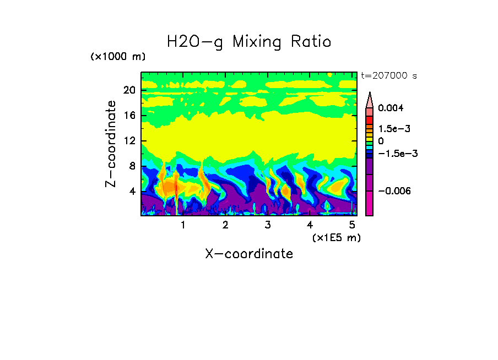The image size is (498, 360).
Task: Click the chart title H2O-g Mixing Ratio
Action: pos(249,42)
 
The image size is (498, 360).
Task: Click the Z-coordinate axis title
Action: pos(111,143)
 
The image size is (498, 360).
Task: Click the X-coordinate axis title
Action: pos(249,254)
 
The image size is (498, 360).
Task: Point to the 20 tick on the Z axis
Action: pos(128,90)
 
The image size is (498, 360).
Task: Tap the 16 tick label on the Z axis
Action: pos(128,116)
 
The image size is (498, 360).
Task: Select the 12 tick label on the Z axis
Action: pos(128,141)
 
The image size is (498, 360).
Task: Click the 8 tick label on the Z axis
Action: pos(131,166)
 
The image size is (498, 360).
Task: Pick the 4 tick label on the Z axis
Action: pos(131,192)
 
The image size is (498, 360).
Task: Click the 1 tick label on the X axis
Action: pos(183,225)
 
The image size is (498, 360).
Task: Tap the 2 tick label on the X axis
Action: pos(225,225)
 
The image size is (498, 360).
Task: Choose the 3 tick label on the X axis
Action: pos(267,225)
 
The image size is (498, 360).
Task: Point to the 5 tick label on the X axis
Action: pos(352,225)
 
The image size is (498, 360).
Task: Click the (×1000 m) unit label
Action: pos(118,57)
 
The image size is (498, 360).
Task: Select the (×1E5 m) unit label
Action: pos(336,237)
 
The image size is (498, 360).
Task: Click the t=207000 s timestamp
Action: pos(388,76)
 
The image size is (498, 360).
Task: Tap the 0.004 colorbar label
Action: pos(391,108)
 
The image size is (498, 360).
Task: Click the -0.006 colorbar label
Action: pos(394,190)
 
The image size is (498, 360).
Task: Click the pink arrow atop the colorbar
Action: pos(370,99)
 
